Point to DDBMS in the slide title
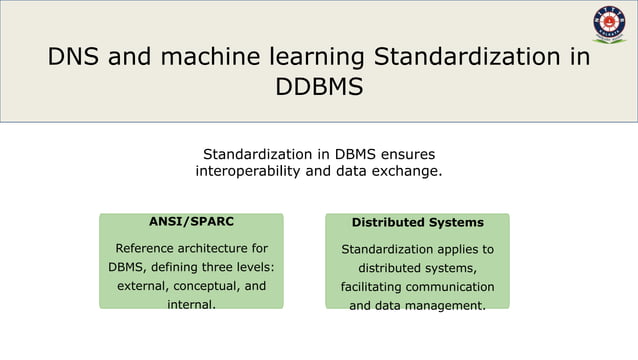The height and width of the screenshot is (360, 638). pos(318,88)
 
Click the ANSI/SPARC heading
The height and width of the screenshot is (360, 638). pos(191,221)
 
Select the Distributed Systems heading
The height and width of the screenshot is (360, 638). pos(417,222)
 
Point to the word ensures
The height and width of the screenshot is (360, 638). pos(402,154)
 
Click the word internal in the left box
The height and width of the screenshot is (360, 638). pos(190,305)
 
